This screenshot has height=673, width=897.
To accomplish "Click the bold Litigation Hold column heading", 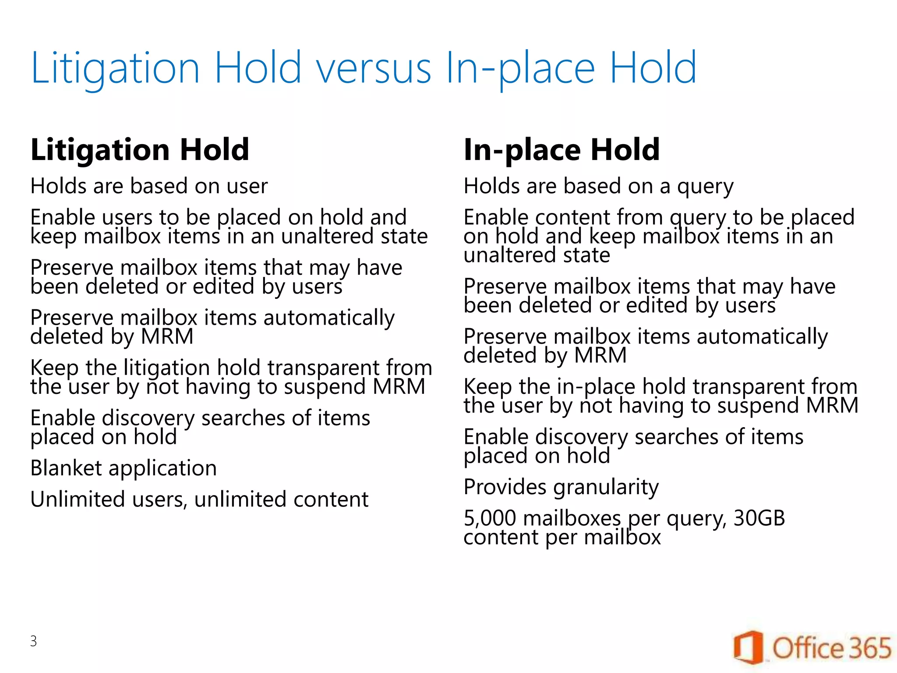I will click(140, 150).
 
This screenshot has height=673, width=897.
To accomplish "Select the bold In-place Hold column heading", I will click(562, 150).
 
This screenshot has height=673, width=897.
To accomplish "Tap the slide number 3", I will click(34, 641).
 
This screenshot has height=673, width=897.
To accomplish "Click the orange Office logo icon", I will click(749, 648).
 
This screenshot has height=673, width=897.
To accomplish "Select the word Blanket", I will click(66, 468).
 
